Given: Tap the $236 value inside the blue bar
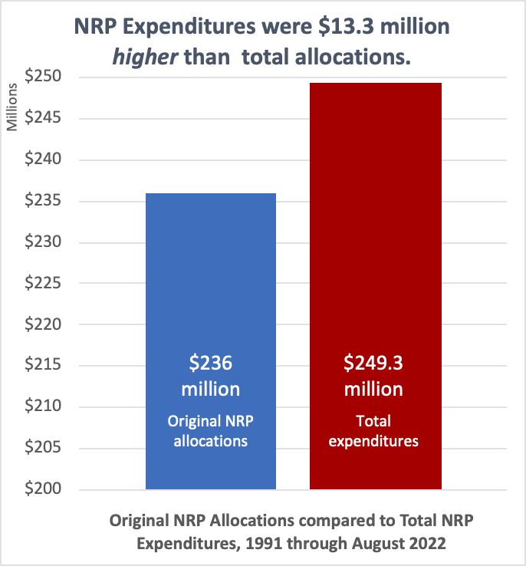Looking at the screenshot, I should click(211, 363).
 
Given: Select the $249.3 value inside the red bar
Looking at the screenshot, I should click(375, 363).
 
